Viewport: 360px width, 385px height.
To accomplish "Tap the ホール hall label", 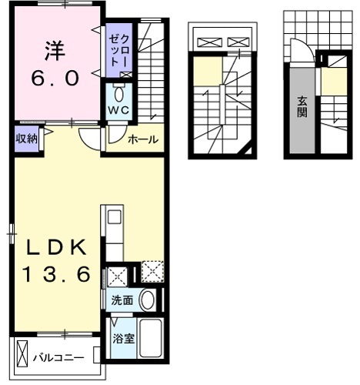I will tap(142, 140).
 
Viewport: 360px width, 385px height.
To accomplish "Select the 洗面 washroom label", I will tap(122, 300).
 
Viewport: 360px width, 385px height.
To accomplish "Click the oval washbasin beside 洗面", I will tap(148, 300).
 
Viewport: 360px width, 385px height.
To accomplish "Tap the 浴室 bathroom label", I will tap(122, 337).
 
